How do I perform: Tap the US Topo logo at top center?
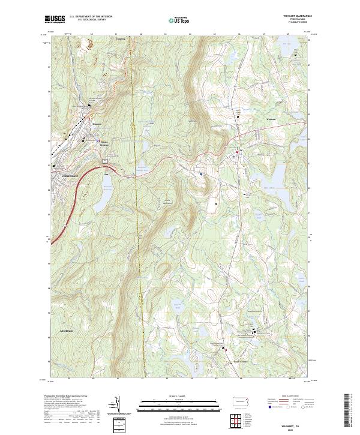(x=178, y=20)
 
